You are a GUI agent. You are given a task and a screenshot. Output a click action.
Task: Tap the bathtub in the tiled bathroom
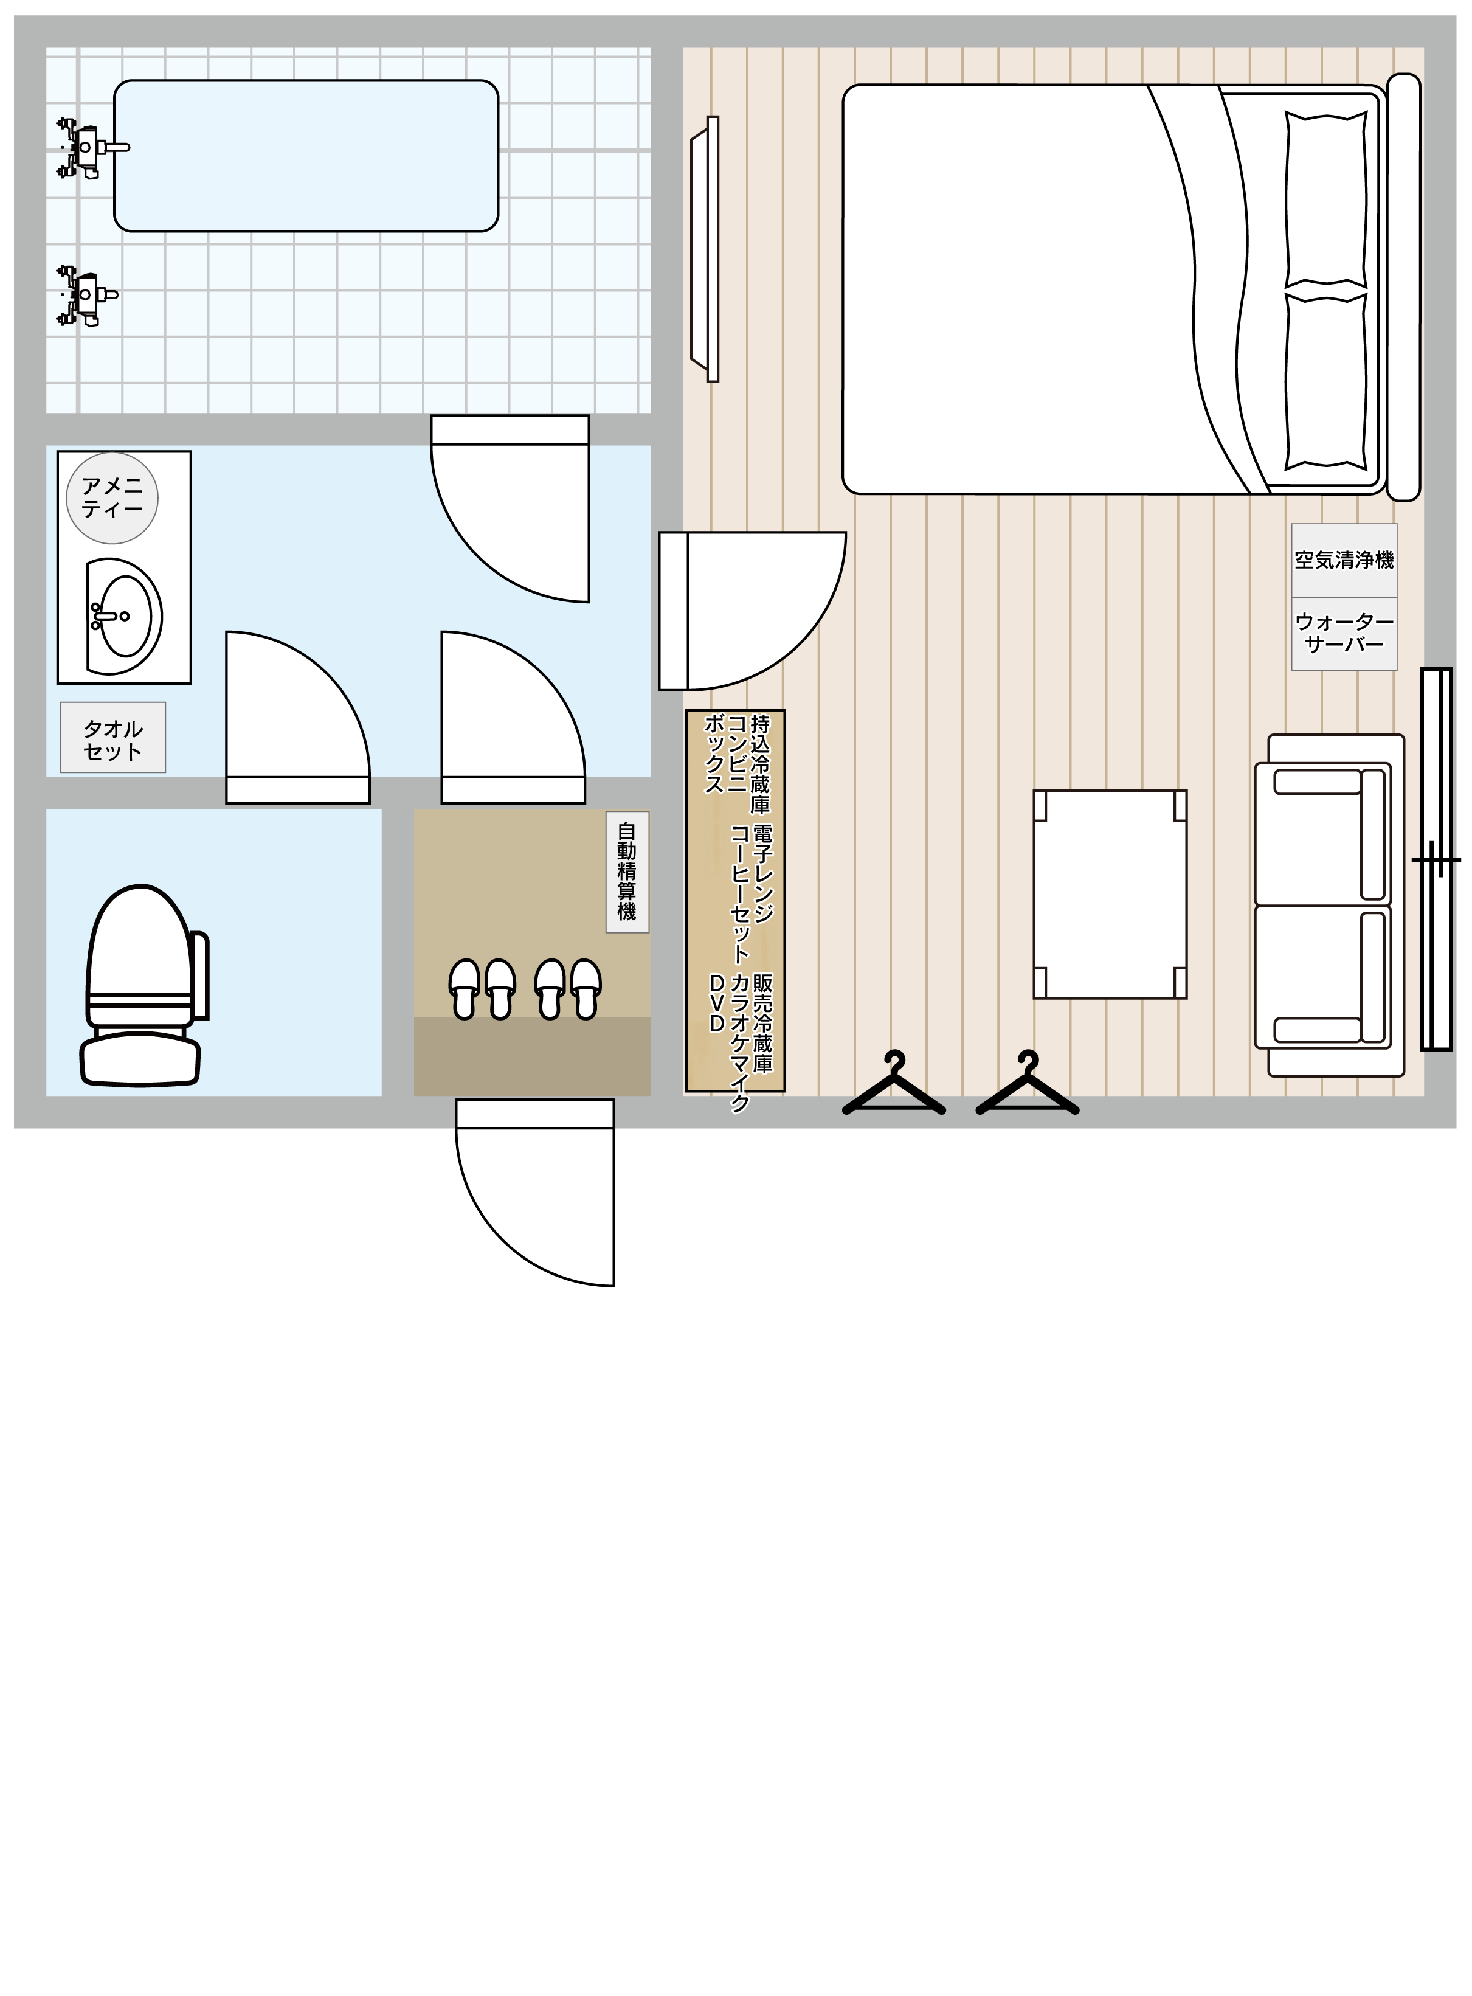(306, 156)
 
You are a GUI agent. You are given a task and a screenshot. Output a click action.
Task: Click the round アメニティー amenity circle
(112, 498)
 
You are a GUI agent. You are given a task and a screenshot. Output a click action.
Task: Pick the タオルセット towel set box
(112, 738)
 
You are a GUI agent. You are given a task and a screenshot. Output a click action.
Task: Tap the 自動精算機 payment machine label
(627, 872)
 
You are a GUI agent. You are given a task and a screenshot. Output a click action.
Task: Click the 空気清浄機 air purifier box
(1344, 561)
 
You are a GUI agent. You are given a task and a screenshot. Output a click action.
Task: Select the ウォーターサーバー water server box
(1344, 634)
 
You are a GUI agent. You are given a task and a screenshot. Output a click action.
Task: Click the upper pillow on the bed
(1326, 201)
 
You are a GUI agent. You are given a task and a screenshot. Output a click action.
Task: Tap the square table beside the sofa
(1110, 894)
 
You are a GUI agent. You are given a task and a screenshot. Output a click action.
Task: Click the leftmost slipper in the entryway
(465, 989)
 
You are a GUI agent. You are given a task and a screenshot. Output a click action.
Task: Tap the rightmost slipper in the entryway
(586, 989)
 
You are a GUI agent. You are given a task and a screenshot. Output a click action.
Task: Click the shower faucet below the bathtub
(86, 295)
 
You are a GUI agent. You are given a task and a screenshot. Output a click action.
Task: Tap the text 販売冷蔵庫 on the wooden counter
(762, 1022)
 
